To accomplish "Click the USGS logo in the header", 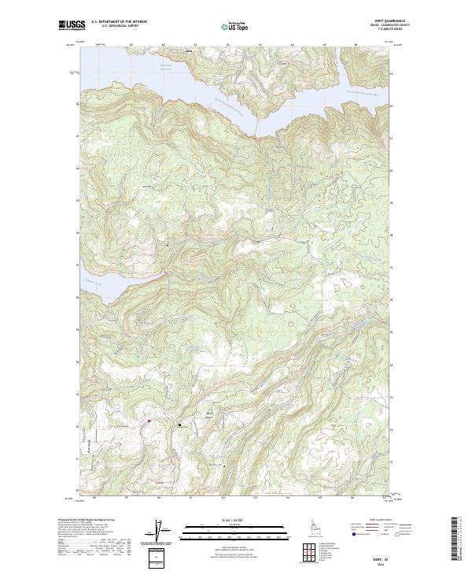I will coord(72,25).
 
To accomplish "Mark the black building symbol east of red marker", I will coord(181,425).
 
